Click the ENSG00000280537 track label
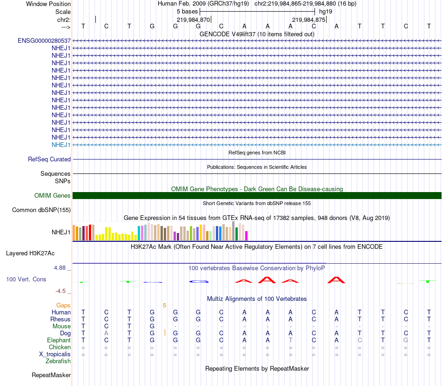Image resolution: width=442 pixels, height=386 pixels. click(44, 40)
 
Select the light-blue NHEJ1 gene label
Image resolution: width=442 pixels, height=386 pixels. click(61, 145)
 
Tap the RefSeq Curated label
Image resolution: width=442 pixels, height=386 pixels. click(49, 159)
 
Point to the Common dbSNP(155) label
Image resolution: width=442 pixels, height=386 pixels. click(41, 210)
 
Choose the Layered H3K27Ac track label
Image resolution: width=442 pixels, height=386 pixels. click(30, 253)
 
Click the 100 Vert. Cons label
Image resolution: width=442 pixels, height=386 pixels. click(26, 280)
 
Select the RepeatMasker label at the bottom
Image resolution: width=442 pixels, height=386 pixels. click(51, 375)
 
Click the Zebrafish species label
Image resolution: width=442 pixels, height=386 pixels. click(58, 361)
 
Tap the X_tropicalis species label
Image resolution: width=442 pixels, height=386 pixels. click(55, 354)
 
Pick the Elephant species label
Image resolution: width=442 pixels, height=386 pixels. click(59, 340)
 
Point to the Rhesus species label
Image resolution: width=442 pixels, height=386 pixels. click(60, 319)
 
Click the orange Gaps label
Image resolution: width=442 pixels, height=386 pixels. click(63, 305)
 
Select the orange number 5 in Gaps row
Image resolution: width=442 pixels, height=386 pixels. click(164, 305)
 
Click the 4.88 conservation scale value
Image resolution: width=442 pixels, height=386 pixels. click(60, 268)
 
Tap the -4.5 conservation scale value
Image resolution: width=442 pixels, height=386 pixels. click(60, 291)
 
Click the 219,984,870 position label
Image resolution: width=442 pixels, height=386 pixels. click(194, 20)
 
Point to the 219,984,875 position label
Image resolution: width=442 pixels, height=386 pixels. click(308, 20)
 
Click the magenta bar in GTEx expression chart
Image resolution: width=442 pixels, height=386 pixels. click(246, 236)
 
